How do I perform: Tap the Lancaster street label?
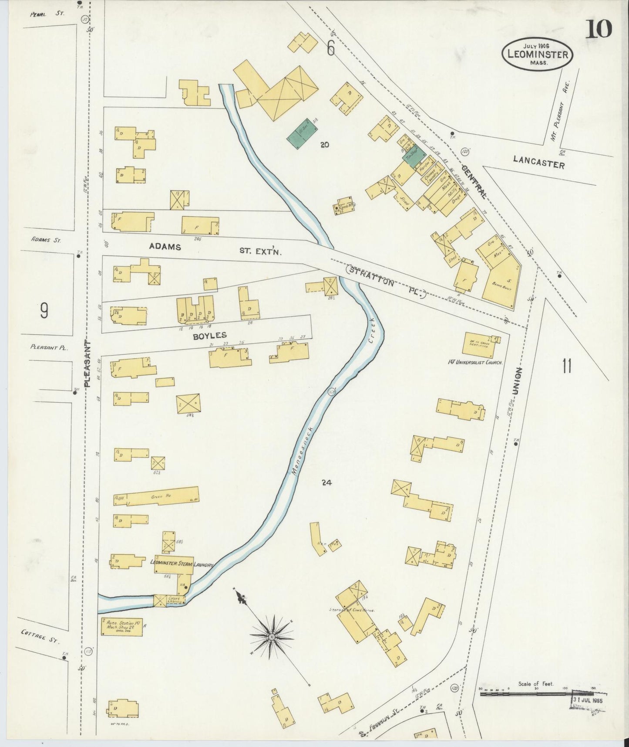[x=538, y=162]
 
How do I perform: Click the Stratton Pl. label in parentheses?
[x=385, y=282]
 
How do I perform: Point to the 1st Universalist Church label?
[x=475, y=362]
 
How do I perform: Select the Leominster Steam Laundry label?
[x=182, y=563]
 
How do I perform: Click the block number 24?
[x=326, y=482]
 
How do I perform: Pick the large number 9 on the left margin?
[x=44, y=310]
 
